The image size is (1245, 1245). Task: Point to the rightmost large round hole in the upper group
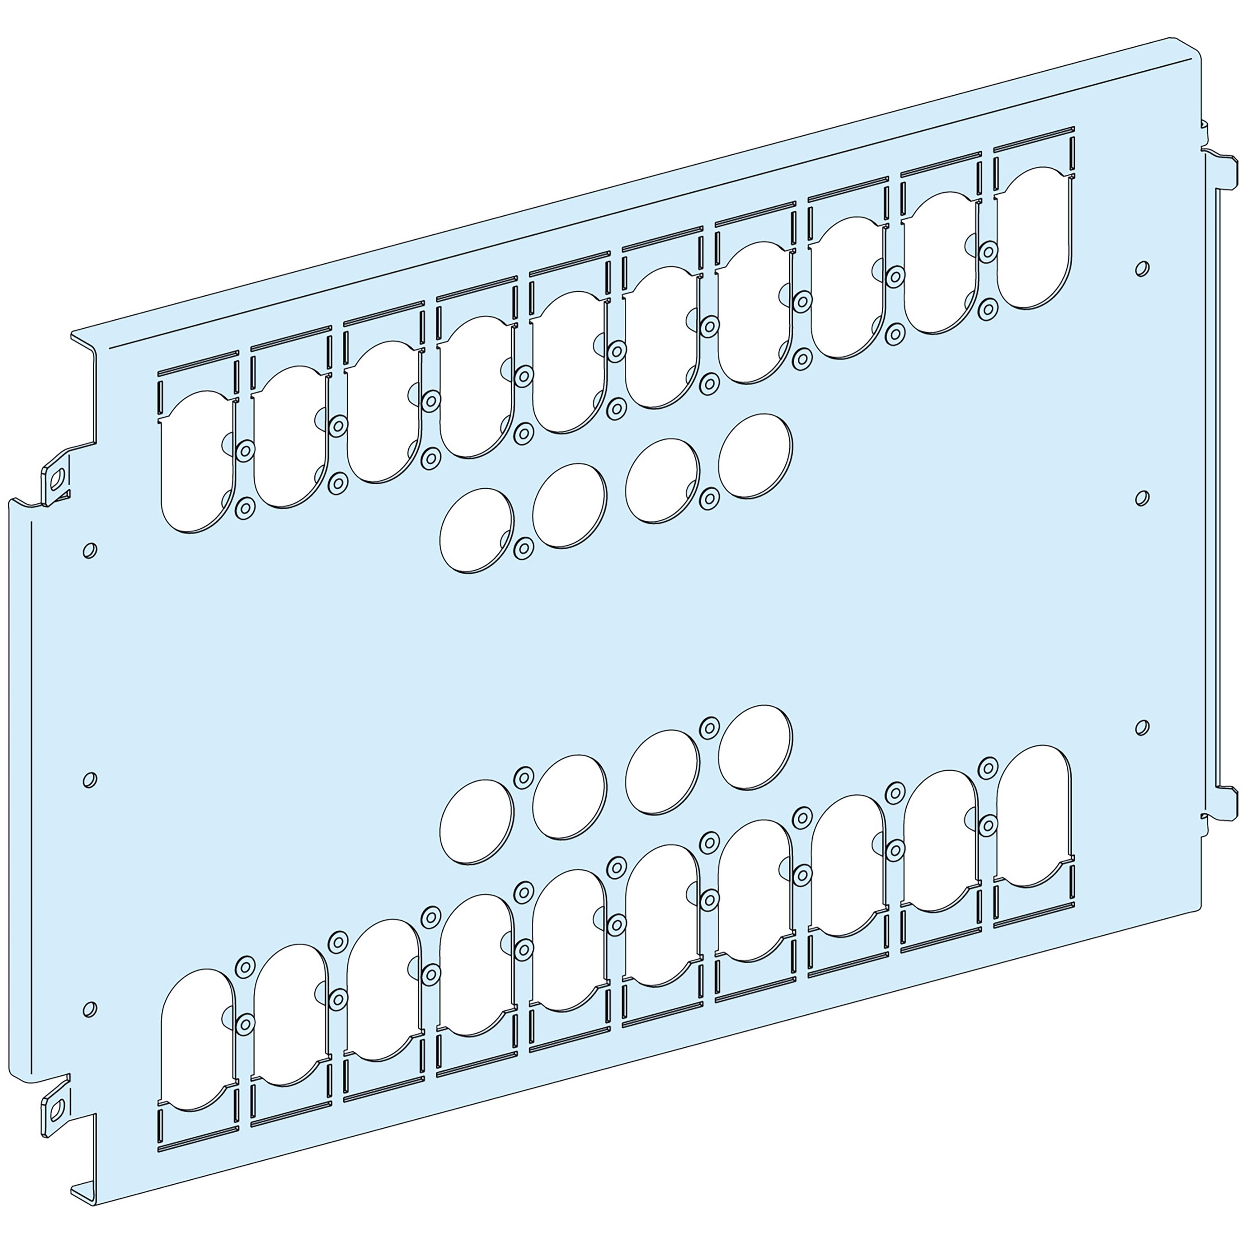coord(755,456)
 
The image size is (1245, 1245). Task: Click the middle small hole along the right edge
coord(1141,497)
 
